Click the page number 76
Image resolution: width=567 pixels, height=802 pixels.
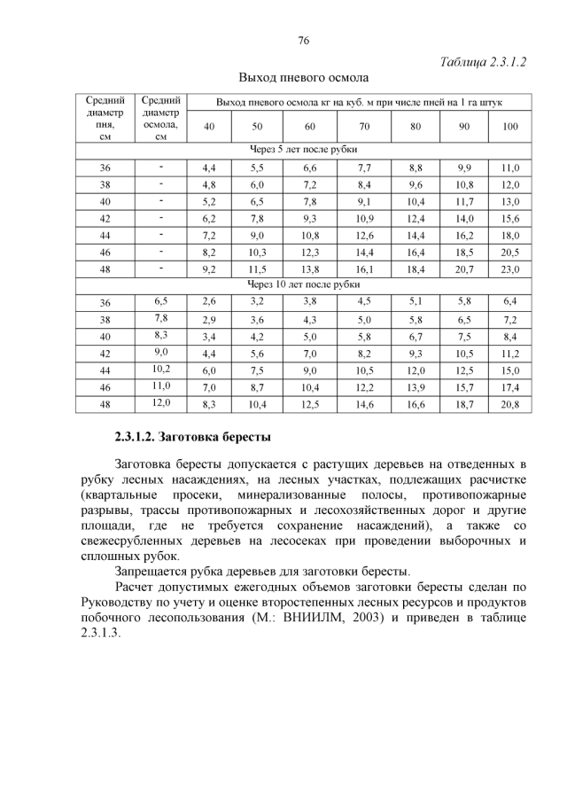(x=303, y=41)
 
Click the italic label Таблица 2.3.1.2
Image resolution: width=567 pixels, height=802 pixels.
(x=484, y=63)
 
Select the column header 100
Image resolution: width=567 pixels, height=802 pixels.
(x=509, y=126)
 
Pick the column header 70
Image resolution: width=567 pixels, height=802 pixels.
(x=364, y=126)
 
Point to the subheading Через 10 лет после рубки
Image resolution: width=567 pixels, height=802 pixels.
(x=303, y=284)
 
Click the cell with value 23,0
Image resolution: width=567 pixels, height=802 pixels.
(x=509, y=269)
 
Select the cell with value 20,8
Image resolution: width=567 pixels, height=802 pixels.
(x=509, y=404)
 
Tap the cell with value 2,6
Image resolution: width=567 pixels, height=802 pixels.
(x=209, y=302)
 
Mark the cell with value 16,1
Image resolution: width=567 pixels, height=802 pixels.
(x=364, y=269)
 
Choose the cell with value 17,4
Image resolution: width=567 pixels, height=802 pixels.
(x=509, y=387)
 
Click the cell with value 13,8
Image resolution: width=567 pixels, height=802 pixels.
(x=310, y=269)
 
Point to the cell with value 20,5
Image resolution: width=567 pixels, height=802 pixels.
(x=509, y=252)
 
